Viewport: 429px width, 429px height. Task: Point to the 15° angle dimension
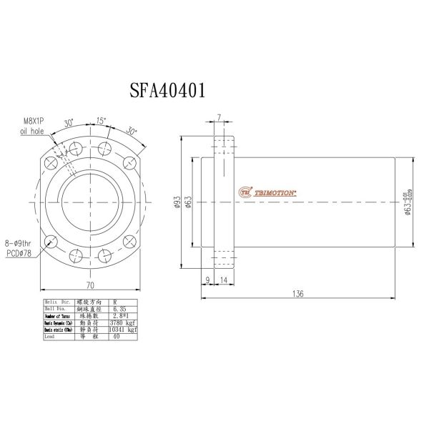pos(102,122)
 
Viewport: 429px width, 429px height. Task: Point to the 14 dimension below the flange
pos(224,280)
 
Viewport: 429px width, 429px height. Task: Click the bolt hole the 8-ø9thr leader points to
pos(51,241)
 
